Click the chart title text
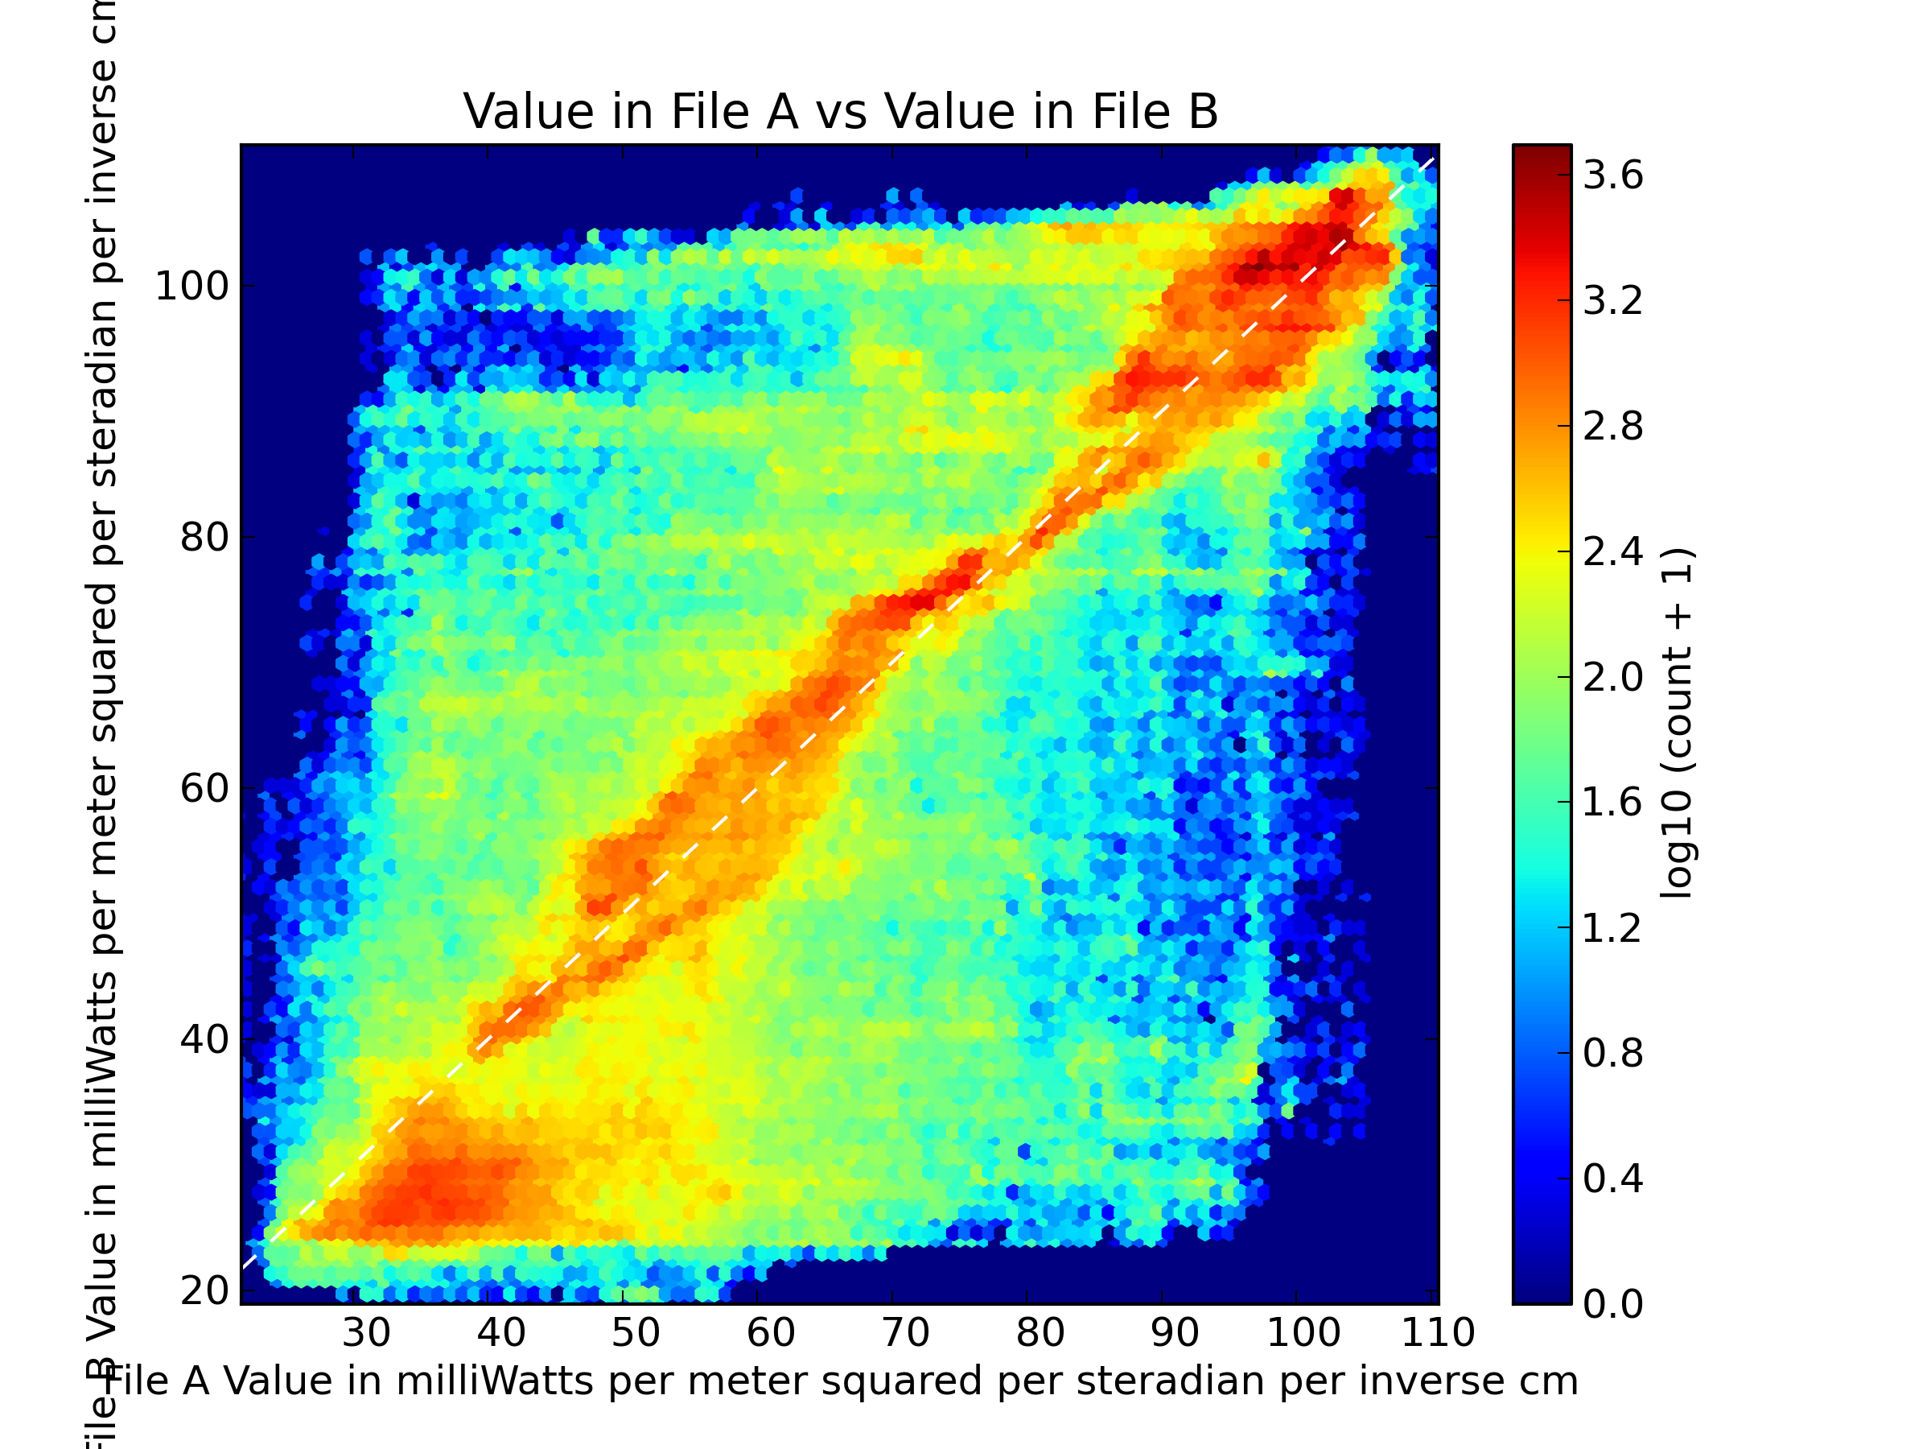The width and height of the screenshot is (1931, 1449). point(840,113)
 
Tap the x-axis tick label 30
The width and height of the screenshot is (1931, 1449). point(366,1333)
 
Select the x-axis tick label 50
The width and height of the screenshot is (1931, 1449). point(636,1333)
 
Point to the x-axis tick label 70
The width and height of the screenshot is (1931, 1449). point(905,1333)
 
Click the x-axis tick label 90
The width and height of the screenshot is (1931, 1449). point(1175,1333)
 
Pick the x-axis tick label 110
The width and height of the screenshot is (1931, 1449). point(1438,1333)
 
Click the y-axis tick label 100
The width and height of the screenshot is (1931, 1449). point(191,287)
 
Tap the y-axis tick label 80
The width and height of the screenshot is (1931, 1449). point(204,538)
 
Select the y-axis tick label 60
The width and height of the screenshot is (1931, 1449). point(204,789)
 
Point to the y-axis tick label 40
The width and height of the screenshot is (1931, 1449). point(204,1039)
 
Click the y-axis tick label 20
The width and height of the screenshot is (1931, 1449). point(204,1291)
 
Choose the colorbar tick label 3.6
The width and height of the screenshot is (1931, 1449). point(1612,175)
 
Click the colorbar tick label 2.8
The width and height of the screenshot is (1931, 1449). point(1612,426)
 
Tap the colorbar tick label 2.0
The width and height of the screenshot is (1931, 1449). point(1612,677)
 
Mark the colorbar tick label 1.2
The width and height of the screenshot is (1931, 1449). point(1612,927)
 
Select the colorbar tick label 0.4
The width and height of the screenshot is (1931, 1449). point(1612,1179)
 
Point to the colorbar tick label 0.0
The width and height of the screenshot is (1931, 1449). point(1612,1304)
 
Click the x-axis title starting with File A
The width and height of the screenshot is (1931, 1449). point(843,1381)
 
